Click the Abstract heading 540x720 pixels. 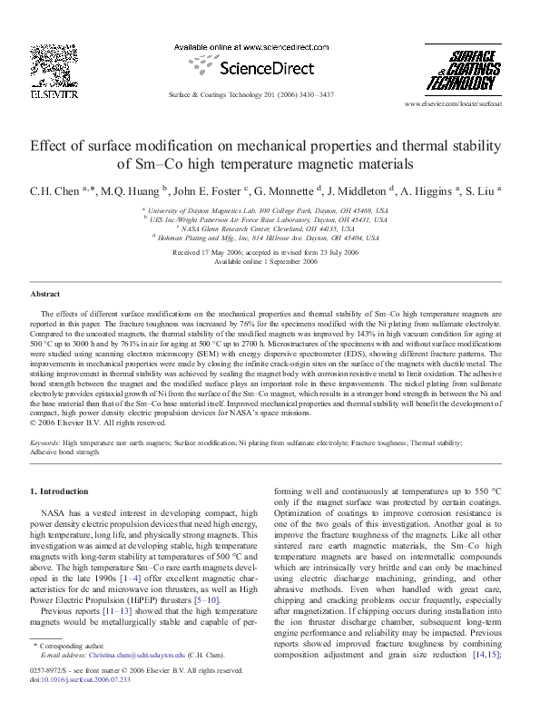45,296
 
